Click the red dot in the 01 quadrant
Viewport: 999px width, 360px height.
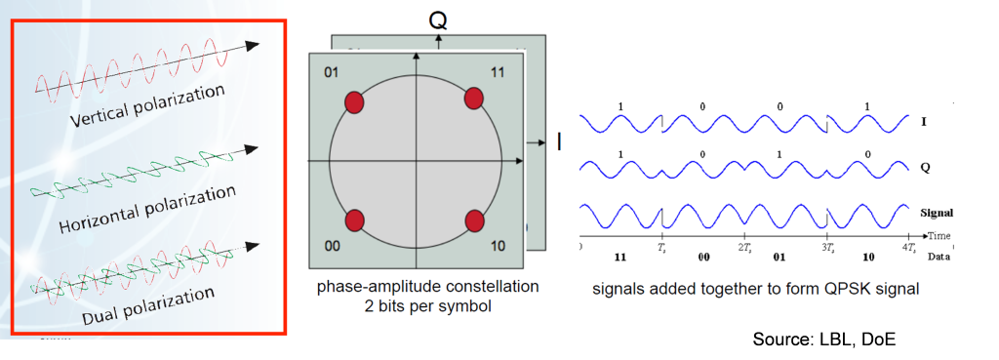click(353, 101)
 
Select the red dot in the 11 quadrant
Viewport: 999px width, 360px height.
click(473, 99)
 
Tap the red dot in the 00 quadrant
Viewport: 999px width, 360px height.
click(354, 220)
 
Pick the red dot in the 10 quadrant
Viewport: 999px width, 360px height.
click(473, 220)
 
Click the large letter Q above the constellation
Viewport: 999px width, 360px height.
click(438, 21)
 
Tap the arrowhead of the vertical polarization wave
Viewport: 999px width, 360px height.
click(253, 45)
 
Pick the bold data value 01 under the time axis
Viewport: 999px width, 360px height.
click(779, 259)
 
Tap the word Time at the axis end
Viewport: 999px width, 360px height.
click(939, 236)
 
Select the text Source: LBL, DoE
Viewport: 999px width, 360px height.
click(824, 339)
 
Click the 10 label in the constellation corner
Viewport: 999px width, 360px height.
click(499, 246)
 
